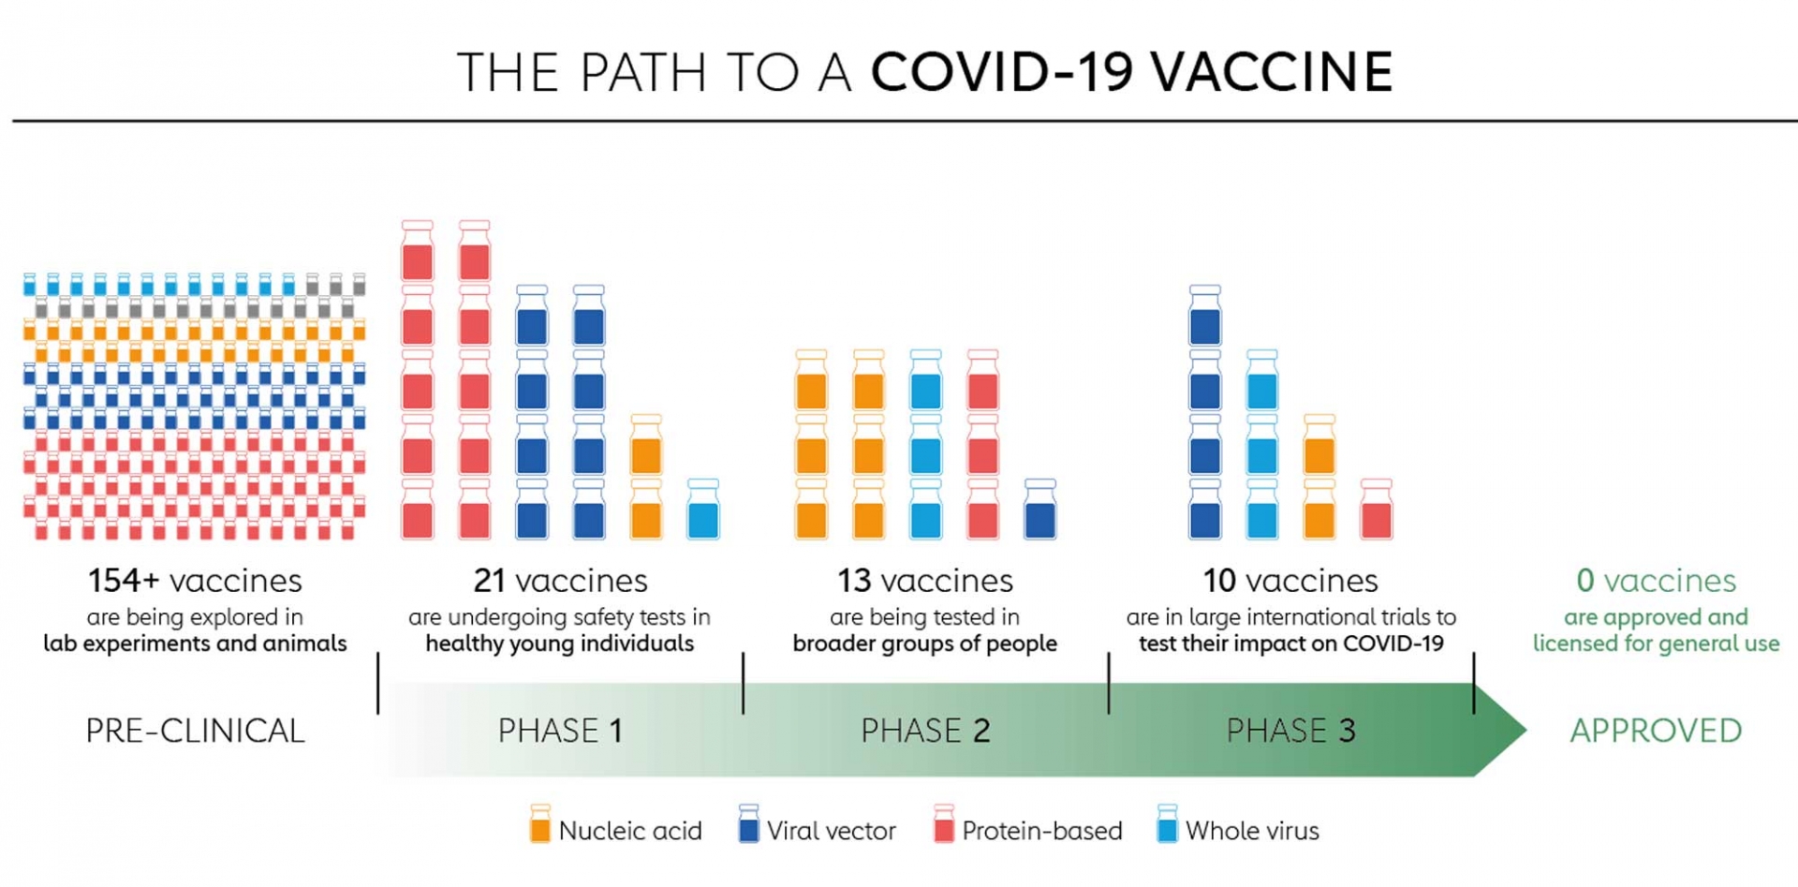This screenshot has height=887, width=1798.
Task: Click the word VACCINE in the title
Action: pyautogui.click(x=1272, y=72)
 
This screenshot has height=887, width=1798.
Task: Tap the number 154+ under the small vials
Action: pyautogui.click(x=124, y=581)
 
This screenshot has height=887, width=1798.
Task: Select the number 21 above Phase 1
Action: pyautogui.click(x=489, y=581)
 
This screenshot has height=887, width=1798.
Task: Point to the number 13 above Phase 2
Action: pyautogui.click(x=853, y=581)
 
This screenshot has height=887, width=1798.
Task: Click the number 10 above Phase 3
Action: pyautogui.click(x=1219, y=581)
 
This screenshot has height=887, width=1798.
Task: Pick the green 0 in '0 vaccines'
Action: pyautogui.click(x=1584, y=581)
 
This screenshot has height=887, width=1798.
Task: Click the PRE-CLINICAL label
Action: pyautogui.click(x=195, y=731)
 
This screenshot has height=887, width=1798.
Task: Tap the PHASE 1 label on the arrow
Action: pyautogui.click(x=560, y=731)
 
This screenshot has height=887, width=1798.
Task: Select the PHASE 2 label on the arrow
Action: pyautogui.click(x=925, y=731)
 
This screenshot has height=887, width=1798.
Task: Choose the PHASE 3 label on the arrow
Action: pyautogui.click(x=1290, y=731)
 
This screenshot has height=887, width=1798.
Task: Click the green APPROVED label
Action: pyautogui.click(x=1656, y=731)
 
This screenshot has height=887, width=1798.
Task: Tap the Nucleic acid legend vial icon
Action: pyautogui.click(x=540, y=824)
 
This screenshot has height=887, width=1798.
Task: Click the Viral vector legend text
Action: pyautogui.click(x=831, y=831)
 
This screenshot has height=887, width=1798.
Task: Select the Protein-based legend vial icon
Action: pyautogui.click(x=944, y=824)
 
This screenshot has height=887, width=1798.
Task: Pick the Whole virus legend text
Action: pyautogui.click(x=1252, y=831)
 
